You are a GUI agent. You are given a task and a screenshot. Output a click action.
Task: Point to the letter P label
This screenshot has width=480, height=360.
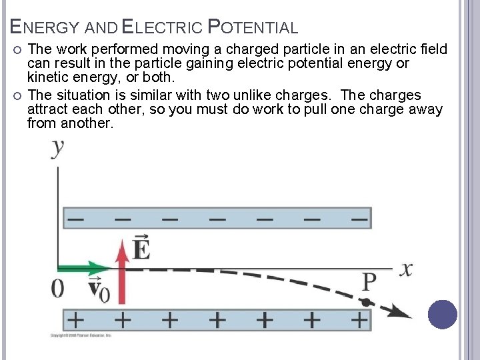[369, 283]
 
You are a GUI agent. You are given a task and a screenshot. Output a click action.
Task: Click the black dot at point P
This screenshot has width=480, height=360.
[366, 302]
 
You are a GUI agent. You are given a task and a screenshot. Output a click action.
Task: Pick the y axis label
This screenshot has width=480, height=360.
[59, 147]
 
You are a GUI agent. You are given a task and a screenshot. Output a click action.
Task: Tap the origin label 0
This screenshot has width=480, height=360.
[58, 288]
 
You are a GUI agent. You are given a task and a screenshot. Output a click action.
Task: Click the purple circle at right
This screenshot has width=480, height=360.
[443, 314]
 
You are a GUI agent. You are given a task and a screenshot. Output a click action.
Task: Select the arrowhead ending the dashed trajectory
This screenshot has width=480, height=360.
[401, 311]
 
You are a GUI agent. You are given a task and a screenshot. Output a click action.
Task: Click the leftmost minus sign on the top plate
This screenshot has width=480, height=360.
[76, 218]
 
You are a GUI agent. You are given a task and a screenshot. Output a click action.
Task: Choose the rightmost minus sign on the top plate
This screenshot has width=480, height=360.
[359, 218]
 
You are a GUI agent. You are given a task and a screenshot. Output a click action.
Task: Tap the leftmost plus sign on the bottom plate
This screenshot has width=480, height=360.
[75, 319]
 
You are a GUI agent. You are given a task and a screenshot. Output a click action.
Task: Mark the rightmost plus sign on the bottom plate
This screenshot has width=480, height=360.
[359, 319]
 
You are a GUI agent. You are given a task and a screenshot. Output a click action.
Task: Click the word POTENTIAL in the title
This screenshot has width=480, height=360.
[253, 27]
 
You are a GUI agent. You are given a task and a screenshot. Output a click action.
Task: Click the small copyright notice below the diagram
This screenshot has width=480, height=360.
[81, 335]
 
